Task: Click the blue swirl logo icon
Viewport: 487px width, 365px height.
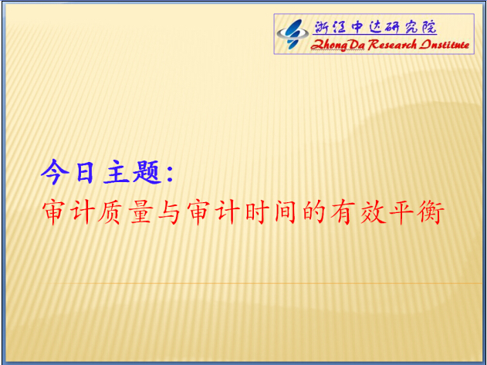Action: (x=293, y=34)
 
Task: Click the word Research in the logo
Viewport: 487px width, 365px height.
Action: (x=392, y=45)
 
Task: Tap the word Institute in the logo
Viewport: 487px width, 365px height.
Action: (x=444, y=45)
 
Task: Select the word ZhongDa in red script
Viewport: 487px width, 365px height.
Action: (x=338, y=46)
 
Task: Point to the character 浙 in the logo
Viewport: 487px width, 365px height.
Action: (x=322, y=27)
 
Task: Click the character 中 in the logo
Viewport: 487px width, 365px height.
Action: (x=357, y=27)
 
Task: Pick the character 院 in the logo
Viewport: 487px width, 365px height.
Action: (x=429, y=27)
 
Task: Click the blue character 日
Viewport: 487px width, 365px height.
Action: (x=84, y=172)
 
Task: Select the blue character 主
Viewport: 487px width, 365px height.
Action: (x=117, y=172)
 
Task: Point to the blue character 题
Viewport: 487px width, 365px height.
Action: (x=147, y=172)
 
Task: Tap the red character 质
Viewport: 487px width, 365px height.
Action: (x=110, y=212)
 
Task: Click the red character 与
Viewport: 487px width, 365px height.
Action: (x=169, y=212)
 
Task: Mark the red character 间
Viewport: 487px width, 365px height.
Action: (x=285, y=212)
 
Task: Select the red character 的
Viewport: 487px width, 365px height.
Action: (x=314, y=212)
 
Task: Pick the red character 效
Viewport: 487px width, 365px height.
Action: (x=373, y=212)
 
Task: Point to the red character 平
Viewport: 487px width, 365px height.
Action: (x=401, y=212)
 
